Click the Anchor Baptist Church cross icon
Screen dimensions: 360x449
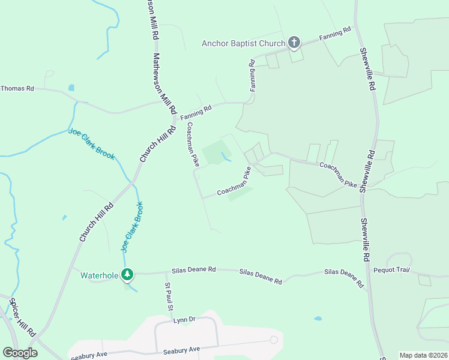click(x=294, y=42)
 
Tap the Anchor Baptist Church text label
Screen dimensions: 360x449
click(x=243, y=43)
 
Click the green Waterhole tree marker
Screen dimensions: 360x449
click(x=127, y=275)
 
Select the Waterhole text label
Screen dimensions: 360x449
click(x=100, y=275)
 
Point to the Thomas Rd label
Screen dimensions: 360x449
click(x=17, y=88)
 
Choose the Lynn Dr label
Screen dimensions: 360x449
click(x=185, y=320)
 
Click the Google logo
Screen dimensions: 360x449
click(x=20, y=353)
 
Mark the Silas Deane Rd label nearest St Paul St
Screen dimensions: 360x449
click(x=193, y=270)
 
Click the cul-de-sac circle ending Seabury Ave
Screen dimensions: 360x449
click(x=274, y=340)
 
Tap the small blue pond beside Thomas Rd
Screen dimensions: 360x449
click(x=71, y=88)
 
